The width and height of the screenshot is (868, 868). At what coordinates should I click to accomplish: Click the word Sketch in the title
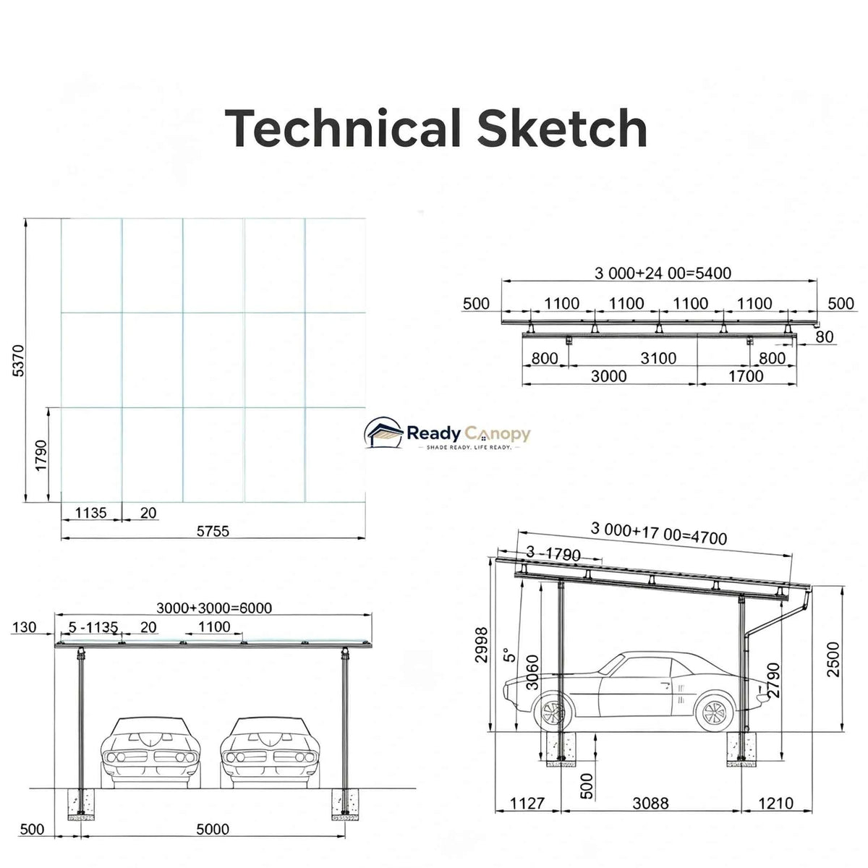pyautogui.click(x=562, y=127)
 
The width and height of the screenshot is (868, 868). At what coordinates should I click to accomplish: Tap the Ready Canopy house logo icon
pyautogui.click(x=383, y=433)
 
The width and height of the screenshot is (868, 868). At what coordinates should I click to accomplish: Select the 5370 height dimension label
pyautogui.click(x=19, y=360)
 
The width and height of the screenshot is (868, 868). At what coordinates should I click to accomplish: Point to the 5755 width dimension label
pyautogui.click(x=213, y=531)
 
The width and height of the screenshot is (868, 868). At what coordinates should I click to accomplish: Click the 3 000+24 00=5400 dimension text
pyautogui.click(x=663, y=273)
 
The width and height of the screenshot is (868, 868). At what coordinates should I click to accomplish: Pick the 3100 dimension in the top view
pyautogui.click(x=658, y=358)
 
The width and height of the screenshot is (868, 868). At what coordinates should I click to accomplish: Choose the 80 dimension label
pyautogui.click(x=825, y=336)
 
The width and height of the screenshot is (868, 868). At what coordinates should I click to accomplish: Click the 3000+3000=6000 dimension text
pyautogui.click(x=214, y=608)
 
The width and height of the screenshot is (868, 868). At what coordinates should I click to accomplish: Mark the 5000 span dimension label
pyautogui.click(x=213, y=829)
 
